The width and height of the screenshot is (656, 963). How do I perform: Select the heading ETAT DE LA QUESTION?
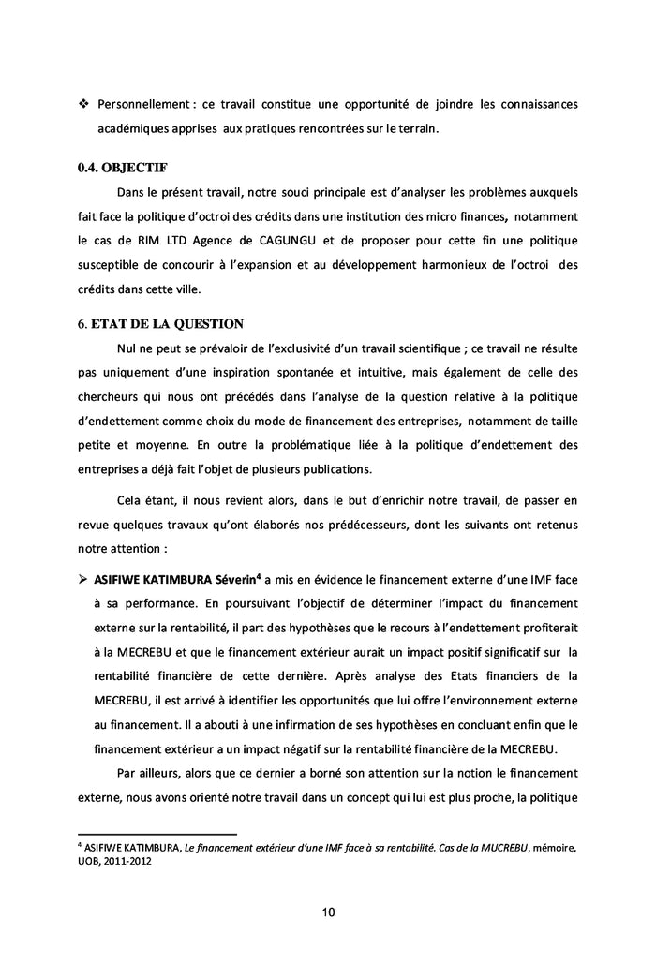click(167, 324)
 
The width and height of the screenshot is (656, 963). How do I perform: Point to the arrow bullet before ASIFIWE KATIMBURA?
click(82, 555)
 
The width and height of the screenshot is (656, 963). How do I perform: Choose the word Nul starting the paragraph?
click(128, 348)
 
